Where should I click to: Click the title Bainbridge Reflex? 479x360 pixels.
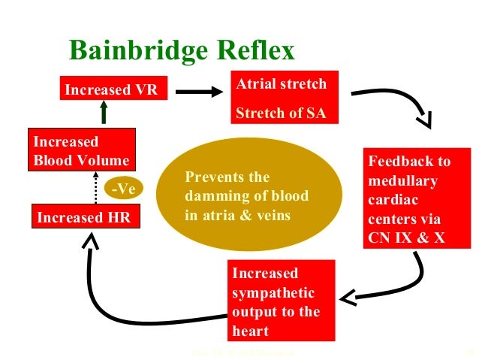point(182,50)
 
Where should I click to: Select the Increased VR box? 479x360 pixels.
point(110,90)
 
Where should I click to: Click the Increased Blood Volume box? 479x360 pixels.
point(81,150)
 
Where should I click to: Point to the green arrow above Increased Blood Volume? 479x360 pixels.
point(104,114)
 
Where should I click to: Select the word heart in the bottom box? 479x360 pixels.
point(249,331)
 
